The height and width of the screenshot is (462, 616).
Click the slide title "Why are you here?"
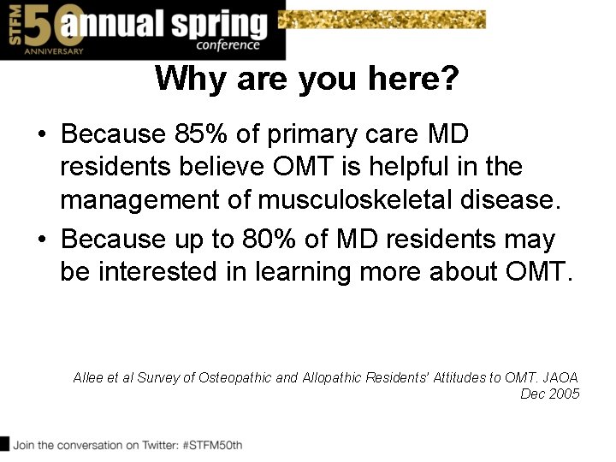pyautogui.click(x=307, y=80)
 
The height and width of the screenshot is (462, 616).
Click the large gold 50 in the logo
pyautogui.click(x=41, y=27)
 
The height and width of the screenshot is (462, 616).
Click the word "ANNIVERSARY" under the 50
pyautogui.click(x=55, y=51)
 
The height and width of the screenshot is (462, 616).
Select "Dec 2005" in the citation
pyautogui.click(x=550, y=394)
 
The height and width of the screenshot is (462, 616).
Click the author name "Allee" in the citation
pyautogui.click(x=88, y=377)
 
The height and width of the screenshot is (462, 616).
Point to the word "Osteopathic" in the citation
pyautogui.click(x=235, y=377)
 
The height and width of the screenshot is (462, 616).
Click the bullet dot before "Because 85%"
pyautogui.click(x=42, y=135)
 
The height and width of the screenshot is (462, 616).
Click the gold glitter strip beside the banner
pyautogui.click(x=385, y=19)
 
